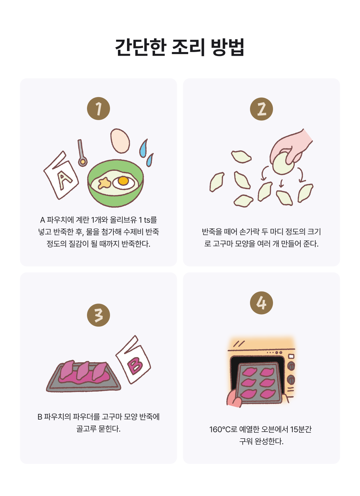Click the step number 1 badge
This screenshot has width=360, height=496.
tap(98, 108)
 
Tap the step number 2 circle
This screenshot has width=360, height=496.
tap(261, 109)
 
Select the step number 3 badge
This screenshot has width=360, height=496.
tap(98, 315)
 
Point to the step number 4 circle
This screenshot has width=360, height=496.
tap(261, 303)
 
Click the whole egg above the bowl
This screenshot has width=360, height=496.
tap(120, 141)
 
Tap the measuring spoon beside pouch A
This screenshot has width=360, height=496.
tap(82, 153)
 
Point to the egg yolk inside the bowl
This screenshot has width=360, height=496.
tap(123, 181)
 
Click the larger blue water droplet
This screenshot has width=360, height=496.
tap(143, 148)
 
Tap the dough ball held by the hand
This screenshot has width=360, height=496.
tap(283, 163)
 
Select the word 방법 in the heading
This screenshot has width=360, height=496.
tap(227, 47)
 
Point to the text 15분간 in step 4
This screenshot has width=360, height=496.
tap(301, 429)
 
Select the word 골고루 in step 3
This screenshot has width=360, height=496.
tap(86, 429)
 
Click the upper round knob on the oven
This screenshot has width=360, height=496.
tap(291, 366)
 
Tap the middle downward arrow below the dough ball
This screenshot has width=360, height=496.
tap(281, 183)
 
